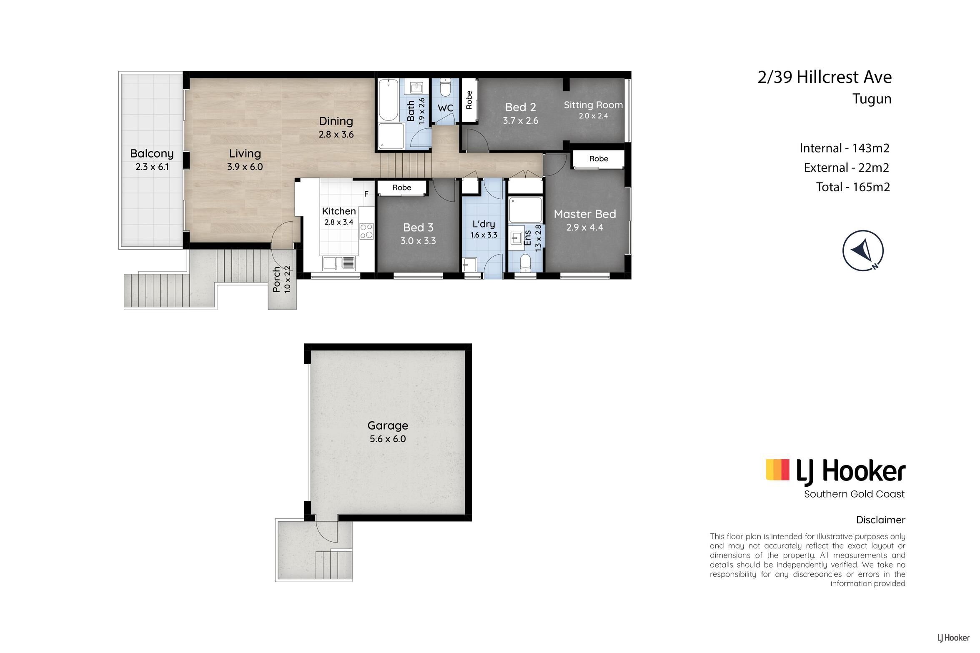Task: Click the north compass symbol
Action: pos(863,250)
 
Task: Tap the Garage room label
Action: pos(388,425)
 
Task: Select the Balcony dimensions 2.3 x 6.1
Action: pos(152,167)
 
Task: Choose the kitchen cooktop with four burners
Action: pos(366,231)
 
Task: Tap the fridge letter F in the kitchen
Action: pos(366,194)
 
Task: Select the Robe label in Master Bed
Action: pos(599,159)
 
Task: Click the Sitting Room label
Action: pos(593,105)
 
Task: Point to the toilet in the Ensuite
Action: pos(525,263)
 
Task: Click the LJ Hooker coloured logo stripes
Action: pos(777,470)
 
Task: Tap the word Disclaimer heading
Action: pos(880,520)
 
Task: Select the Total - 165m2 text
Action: pos(853,187)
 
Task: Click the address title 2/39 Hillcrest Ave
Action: pos(825,77)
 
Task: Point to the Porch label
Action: pos(276,280)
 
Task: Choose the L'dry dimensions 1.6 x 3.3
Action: pos(484,235)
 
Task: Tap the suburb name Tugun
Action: pos(872,99)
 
